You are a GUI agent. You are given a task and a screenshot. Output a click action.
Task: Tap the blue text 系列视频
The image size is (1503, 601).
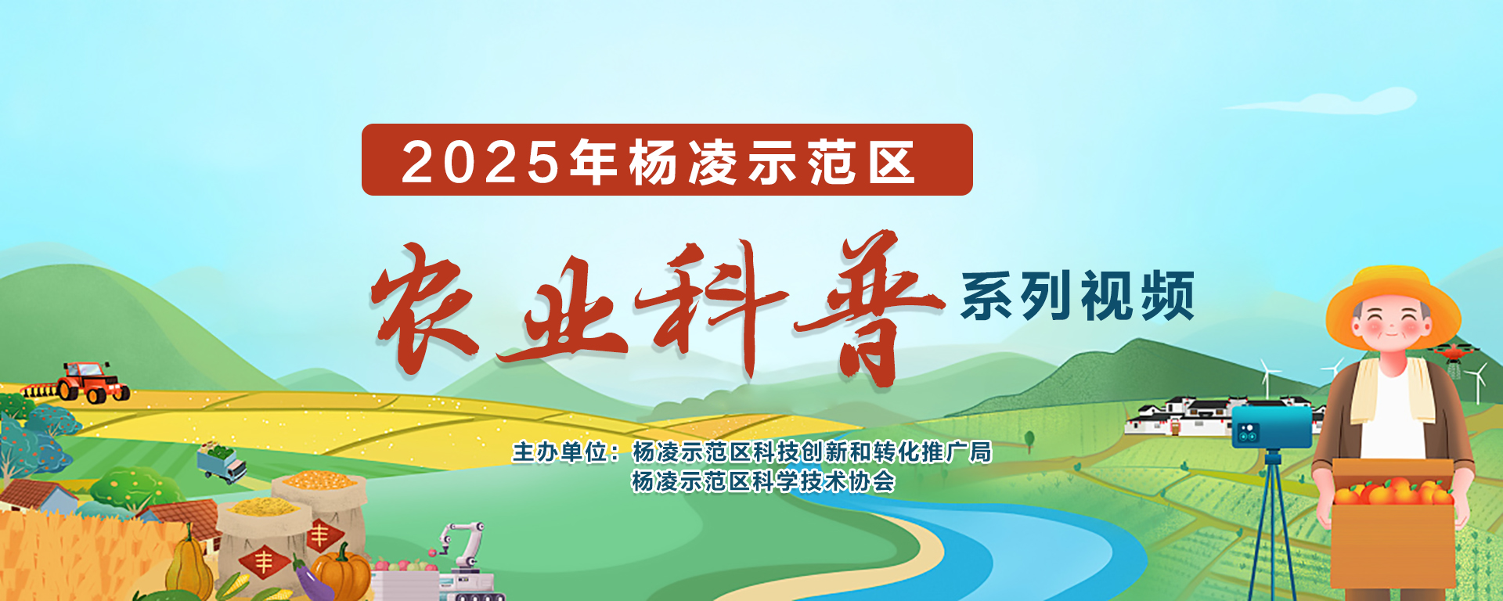[1077, 296]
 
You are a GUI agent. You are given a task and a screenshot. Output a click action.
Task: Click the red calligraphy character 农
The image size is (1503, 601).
[424, 307]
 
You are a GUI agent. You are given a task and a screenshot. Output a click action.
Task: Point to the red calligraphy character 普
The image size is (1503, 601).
[869, 308]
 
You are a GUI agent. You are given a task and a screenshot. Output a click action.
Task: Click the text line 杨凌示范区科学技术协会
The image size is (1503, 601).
[763, 481]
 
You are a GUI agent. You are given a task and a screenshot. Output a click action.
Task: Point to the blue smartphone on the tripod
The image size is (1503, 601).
[1271, 426]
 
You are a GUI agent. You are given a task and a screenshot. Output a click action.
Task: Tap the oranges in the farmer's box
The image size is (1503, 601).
[1393, 491]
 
